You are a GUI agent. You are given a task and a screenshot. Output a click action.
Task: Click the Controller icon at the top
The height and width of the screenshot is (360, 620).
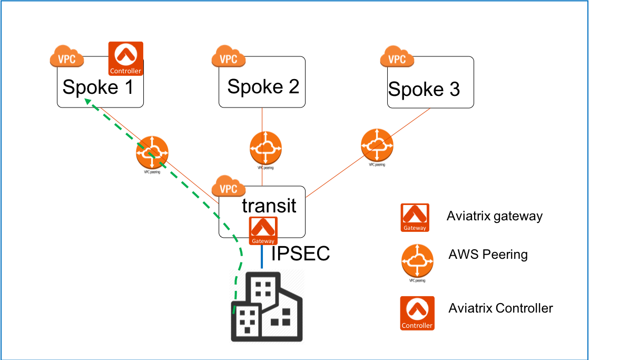pos(125,58)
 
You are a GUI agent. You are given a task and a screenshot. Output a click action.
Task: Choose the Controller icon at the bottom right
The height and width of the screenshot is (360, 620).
pos(417,313)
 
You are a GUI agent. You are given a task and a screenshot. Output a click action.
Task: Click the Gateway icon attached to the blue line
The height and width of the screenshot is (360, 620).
pos(263,230)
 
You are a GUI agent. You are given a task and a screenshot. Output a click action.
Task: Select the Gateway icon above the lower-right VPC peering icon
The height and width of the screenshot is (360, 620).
pos(415,217)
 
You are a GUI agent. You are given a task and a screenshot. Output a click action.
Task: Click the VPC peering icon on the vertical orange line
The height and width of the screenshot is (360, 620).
pos(265,148)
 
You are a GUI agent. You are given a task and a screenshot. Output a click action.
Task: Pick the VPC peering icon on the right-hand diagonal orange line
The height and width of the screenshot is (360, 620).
pos(377,145)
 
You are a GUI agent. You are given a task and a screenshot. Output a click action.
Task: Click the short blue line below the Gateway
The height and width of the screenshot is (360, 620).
pos(262,257)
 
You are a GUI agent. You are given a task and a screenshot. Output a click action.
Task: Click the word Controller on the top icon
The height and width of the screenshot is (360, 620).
pos(125,71)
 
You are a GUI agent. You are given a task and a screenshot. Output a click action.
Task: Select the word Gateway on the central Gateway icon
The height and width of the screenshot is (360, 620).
pos(263,241)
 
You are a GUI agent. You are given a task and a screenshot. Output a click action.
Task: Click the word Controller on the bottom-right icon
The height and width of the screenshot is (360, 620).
pos(417,326)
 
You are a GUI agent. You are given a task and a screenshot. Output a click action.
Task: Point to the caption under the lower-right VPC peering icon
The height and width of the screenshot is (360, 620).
pos(417,281)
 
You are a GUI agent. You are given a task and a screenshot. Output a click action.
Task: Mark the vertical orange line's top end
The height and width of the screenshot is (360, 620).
pos(262,109)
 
